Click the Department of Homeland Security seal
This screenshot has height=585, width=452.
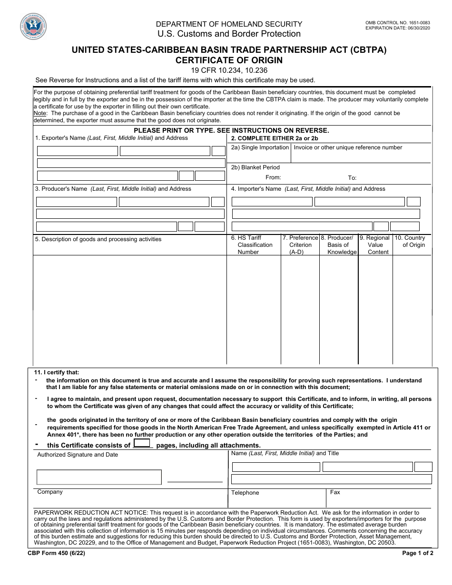[x=33, y=27]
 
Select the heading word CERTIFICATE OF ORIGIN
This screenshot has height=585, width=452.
[x=229, y=60]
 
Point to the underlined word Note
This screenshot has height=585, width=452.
[x=40, y=113]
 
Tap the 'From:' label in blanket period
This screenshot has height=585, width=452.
[x=273, y=177]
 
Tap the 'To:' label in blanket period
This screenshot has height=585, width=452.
[x=352, y=178]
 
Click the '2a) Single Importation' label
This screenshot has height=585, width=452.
[x=260, y=147]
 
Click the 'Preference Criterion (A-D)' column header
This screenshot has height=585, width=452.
[x=300, y=245]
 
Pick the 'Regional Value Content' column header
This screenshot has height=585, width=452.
[x=375, y=245]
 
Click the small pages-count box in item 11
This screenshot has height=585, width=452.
[x=142, y=443]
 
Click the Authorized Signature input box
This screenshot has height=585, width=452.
[x=99, y=477]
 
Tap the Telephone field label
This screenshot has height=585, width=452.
[x=245, y=493]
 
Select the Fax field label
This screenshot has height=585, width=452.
[x=335, y=492]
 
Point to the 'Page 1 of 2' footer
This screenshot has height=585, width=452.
[x=418, y=553]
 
